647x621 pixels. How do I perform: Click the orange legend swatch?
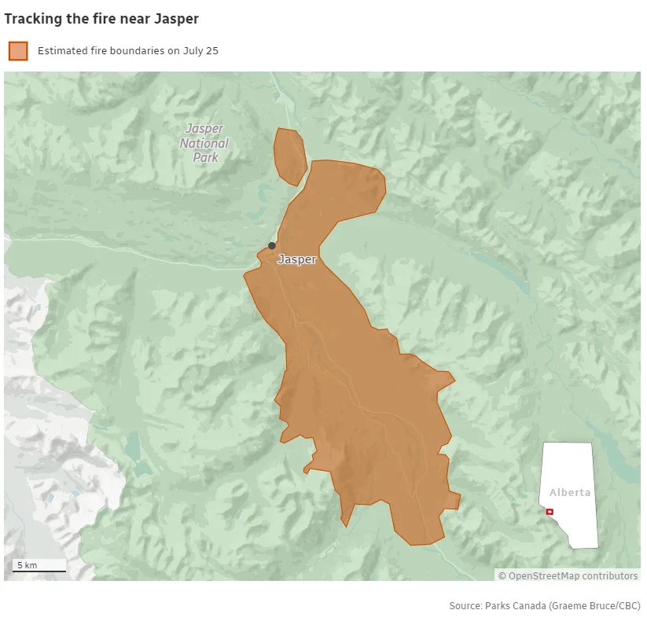pyautogui.click(x=18, y=51)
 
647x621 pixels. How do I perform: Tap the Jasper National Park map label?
pyautogui.click(x=204, y=143)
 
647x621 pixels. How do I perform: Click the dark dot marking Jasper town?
pyautogui.click(x=272, y=246)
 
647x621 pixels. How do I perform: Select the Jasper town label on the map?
pyautogui.click(x=297, y=259)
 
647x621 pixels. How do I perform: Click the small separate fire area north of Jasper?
pyautogui.click(x=289, y=156)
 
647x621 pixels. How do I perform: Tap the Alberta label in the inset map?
pyautogui.click(x=570, y=493)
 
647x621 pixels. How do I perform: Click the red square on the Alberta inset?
pyautogui.click(x=550, y=512)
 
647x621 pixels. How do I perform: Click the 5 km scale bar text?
pyautogui.click(x=27, y=565)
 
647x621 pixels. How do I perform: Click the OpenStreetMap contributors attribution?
pyautogui.click(x=568, y=576)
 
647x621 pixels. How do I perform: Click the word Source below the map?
pyautogui.click(x=465, y=606)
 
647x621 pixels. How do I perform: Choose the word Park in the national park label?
pyautogui.click(x=205, y=156)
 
